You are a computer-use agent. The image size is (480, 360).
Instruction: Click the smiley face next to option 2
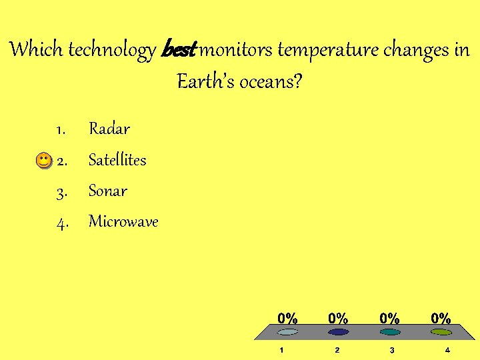(x=43, y=161)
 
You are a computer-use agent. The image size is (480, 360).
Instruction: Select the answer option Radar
(x=109, y=129)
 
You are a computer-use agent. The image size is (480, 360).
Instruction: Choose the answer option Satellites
(x=117, y=160)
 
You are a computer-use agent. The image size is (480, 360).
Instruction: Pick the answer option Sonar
(x=108, y=191)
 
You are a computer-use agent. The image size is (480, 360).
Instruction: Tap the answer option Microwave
(x=123, y=222)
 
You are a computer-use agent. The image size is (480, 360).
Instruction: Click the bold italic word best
(x=178, y=50)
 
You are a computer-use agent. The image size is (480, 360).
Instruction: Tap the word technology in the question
(x=112, y=50)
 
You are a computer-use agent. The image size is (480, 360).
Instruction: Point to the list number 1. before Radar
(x=60, y=129)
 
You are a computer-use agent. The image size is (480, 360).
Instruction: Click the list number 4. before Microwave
(x=62, y=223)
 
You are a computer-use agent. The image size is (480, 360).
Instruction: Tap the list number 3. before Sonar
(x=61, y=192)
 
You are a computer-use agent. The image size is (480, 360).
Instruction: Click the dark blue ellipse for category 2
(x=338, y=331)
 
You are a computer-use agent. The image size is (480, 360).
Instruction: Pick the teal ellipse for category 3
(x=391, y=331)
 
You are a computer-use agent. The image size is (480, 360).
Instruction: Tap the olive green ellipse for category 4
(x=443, y=331)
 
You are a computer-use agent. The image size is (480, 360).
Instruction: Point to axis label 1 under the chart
(x=282, y=350)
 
